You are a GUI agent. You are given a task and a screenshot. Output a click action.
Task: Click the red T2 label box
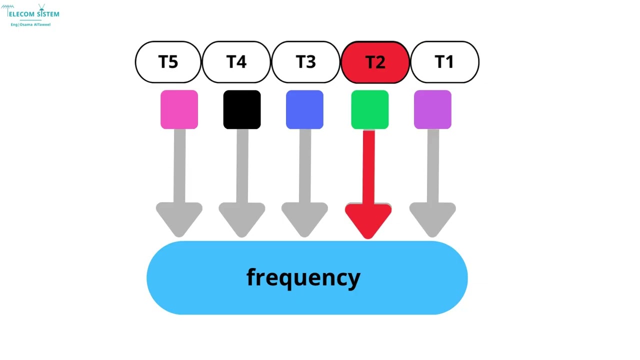[375, 62]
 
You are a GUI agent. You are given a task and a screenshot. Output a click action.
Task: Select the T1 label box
[444, 62]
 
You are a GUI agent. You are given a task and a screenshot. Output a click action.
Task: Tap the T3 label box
[305, 62]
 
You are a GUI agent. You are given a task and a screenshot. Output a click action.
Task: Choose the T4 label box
[236, 62]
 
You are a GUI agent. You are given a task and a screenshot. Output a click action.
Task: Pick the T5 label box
[168, 62]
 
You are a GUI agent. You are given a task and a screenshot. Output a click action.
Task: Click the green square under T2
[369, 109]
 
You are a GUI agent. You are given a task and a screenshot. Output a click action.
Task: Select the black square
[242, 109]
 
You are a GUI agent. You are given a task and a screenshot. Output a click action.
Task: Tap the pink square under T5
[179, 109]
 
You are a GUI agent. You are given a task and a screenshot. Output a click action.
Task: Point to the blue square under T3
[304, 109]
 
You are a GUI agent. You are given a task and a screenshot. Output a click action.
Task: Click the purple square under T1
[432, 109]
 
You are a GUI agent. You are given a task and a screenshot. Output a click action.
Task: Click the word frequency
[303, 277]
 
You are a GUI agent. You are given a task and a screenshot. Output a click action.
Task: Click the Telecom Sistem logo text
[33, 14]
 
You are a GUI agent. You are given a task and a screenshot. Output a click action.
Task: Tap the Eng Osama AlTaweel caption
[31, 24]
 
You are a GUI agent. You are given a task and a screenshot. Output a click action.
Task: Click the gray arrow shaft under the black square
[242, 165]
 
